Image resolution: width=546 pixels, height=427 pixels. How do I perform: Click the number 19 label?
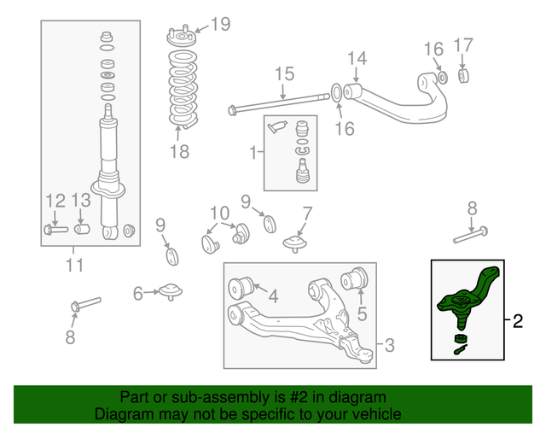[220, 24]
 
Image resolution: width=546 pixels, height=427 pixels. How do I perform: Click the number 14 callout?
[357, 58]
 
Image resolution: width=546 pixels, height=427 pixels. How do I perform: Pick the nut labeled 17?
[464, 76]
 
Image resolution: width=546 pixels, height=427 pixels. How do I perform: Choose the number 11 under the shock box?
[75, 265]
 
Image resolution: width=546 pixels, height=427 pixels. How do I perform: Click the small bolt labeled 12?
[53, 229]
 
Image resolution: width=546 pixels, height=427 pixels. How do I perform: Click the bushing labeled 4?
[242, 284]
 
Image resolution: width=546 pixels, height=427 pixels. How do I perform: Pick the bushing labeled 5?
[353, 279]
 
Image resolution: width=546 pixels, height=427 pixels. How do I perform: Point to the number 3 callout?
[389, 346]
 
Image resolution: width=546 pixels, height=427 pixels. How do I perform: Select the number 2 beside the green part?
[517, 322]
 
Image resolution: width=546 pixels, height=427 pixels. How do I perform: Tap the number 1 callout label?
[253, 154]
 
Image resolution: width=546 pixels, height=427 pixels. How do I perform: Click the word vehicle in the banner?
[346, 414]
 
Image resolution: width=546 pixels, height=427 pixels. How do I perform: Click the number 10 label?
[219, 212]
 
